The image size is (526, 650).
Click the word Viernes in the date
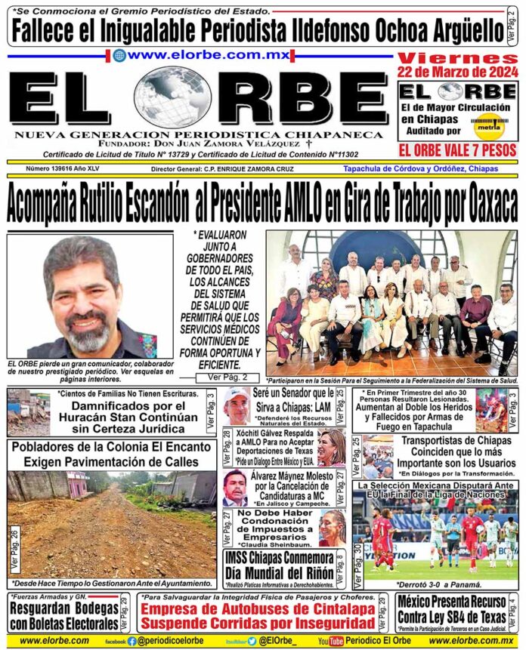pos(457,58)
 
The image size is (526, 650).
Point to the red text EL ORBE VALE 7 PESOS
pos(457,149)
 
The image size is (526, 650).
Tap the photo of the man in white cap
pos(237,406)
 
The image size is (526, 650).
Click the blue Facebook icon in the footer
pos(132,641)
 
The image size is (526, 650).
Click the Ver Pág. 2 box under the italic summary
pos(221,377)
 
